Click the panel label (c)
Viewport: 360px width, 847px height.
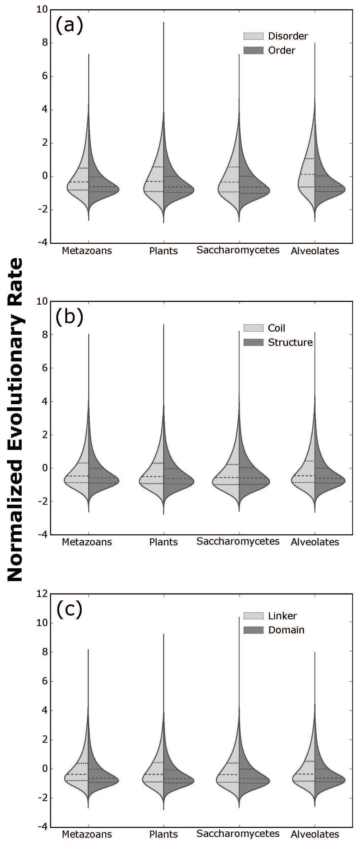[x=69, y=609]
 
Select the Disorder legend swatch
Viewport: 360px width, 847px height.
[x=253, y=36]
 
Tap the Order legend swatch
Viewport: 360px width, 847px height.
[x=253, y=50]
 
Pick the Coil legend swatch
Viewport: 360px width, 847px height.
[x=253, y=328]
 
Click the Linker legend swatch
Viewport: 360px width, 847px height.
[x=253, y=616]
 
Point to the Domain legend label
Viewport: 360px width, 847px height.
[x=286, y=630]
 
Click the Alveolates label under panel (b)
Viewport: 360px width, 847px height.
[x=315, y=542]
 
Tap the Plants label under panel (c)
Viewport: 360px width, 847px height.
[x=163, y=834]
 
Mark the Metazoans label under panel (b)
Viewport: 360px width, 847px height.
[x=87, y=542]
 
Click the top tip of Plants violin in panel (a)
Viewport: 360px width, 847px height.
[x=163, y=22]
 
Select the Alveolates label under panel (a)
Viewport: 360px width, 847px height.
[x=315, y=251]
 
